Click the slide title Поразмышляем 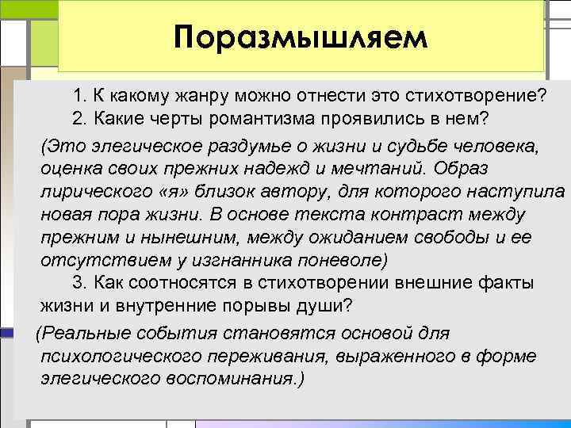click(301, 37)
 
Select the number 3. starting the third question click(80, 283)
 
